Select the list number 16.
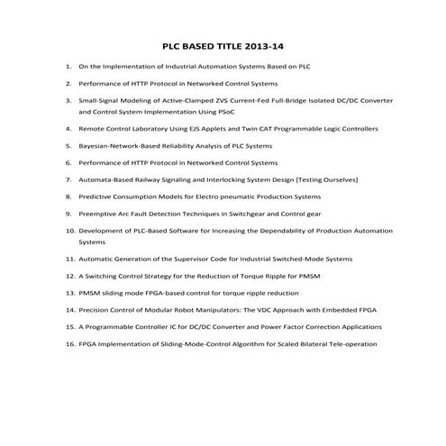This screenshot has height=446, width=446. coord(69,343)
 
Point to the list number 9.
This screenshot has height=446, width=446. coord(71,214)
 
